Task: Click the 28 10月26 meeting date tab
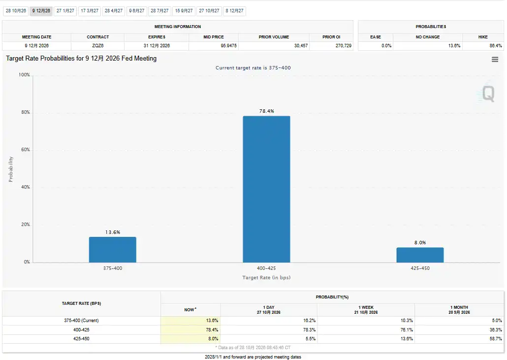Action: coord(16,11)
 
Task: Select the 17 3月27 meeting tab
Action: coord(90,11)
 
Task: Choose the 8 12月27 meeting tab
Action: coord(234,11)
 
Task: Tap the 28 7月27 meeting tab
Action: coord(159,11)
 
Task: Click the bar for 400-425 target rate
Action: coord(266,189)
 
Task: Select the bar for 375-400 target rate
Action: coord(113,250)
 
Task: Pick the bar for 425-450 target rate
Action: coord(420,255)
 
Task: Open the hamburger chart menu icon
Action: coord(495,60)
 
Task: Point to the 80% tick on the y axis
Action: coord(26,112)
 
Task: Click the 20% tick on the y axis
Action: coord(26,225)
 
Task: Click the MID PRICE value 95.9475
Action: coord(228,46)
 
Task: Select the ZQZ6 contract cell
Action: coord(97,46)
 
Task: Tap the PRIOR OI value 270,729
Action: coord(344,46)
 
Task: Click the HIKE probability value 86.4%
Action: coord(496,46)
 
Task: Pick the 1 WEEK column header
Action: coord(366,310)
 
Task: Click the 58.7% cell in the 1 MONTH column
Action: coord(496,339)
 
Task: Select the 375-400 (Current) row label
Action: coord(81,321)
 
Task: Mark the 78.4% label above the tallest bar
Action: coord(267,111)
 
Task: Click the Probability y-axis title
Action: coord(11,169)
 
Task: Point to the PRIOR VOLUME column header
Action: coord(274,37)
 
